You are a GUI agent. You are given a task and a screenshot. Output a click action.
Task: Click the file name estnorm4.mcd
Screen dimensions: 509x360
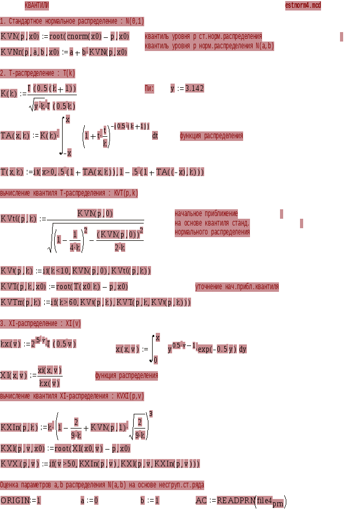point(303,6)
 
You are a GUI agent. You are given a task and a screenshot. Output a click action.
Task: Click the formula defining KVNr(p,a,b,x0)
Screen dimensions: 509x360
point(64,52)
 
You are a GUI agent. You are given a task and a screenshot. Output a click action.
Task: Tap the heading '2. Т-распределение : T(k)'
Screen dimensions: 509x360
point(38,73)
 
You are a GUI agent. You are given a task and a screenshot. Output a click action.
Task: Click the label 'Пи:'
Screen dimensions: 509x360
point(149,88)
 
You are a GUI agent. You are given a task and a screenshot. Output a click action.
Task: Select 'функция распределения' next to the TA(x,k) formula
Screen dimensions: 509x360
point(212,136)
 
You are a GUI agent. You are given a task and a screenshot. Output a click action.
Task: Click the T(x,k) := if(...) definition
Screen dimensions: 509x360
point(102,172)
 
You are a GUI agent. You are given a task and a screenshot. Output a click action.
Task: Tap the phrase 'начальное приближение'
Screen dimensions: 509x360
point(206,213)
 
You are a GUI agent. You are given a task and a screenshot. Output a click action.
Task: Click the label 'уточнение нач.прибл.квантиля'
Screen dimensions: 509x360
point(237,287)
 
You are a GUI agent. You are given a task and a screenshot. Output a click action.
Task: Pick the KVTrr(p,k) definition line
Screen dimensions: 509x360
point(95,302)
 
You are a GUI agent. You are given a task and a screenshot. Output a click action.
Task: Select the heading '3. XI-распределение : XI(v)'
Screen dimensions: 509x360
point(41,323)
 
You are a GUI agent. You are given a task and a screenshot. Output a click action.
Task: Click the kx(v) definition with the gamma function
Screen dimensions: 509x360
point(39,344)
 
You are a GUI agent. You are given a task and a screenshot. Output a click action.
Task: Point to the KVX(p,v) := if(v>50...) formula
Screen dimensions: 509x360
point(100,464)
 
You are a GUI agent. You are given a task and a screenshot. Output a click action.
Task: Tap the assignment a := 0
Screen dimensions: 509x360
point(89,500)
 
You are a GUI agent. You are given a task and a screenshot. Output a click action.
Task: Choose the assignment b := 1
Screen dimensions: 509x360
point(150,500)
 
